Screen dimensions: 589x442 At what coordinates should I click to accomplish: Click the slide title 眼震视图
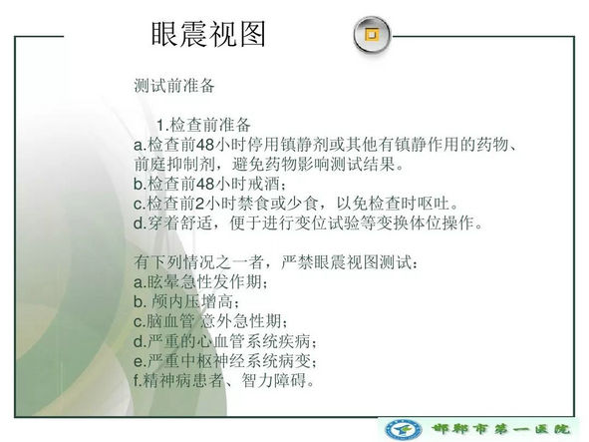tap(208, 34)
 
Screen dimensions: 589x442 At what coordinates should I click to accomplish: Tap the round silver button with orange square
tap(372, 35)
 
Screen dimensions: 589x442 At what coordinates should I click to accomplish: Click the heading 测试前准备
tap(174, 86)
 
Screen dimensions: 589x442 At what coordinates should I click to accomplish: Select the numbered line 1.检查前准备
tap(203, 125)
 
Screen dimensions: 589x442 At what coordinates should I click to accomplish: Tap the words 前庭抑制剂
tap(174, 164)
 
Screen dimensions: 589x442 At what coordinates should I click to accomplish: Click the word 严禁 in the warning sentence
tap(297, 262)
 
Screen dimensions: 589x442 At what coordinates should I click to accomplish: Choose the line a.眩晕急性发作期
tap(201, 282)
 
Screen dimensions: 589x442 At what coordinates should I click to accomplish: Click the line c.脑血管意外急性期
tap(210, 321)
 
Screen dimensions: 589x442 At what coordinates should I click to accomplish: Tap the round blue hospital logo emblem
tap(404, 429)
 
